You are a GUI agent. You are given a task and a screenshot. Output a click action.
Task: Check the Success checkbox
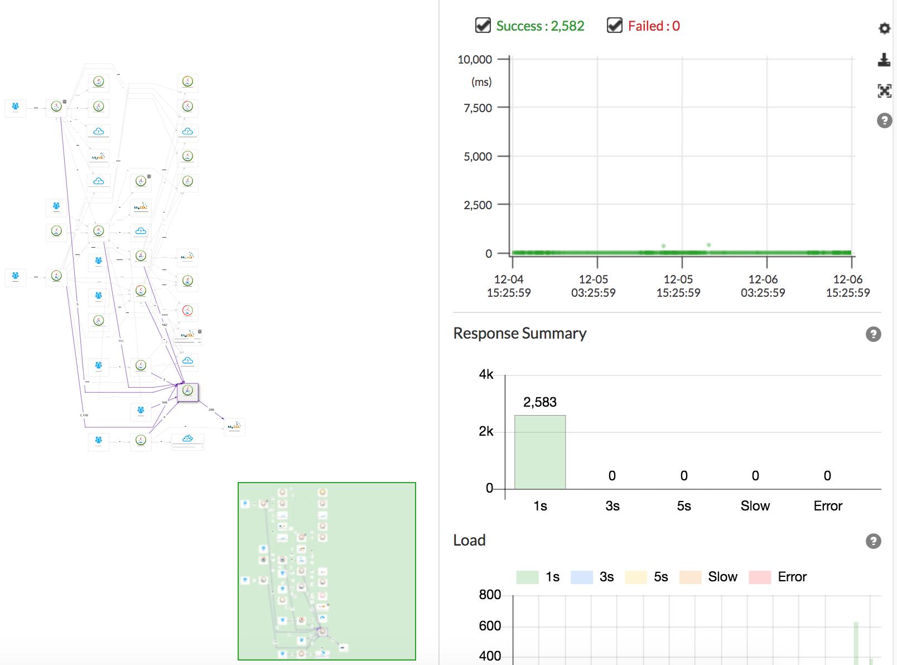tap(483, 26)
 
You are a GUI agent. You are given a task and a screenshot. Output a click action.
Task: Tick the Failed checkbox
tap(614, 26)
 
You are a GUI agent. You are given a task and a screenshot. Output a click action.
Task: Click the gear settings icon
tap(884, 28)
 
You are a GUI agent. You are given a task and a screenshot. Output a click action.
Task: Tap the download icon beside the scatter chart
tap(884, 60)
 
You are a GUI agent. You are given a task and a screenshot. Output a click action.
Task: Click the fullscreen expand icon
tap(884, 91)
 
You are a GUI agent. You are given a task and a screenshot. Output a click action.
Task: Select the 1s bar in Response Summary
tap(539, 452)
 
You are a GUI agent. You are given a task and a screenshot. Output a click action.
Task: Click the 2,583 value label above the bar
tap(539, 402)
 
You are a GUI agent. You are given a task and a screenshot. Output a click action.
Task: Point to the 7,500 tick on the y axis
tap(478, 108)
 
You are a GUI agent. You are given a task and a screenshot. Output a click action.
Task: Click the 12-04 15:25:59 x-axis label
tap(509, 286)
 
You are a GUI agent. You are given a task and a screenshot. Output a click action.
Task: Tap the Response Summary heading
tap(519, 334)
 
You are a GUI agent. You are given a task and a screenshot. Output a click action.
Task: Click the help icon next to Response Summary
tap(873, 334)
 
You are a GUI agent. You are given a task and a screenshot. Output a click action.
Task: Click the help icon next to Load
tap(873, 541)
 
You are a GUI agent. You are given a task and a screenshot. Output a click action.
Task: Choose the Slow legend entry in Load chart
tap(709, 577)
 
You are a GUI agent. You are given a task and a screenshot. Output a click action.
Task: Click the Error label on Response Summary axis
tap(827, 506)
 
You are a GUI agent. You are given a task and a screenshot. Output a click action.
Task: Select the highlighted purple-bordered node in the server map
tap(187, 392)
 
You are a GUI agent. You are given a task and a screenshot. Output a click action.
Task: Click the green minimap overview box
tap(327, 571)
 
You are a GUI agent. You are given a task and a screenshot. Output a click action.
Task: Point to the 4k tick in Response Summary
tap(486, 375)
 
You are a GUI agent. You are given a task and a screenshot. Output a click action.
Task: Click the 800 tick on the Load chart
tap(490, 595)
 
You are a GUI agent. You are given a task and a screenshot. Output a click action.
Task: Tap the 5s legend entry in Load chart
tap(647, 577)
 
